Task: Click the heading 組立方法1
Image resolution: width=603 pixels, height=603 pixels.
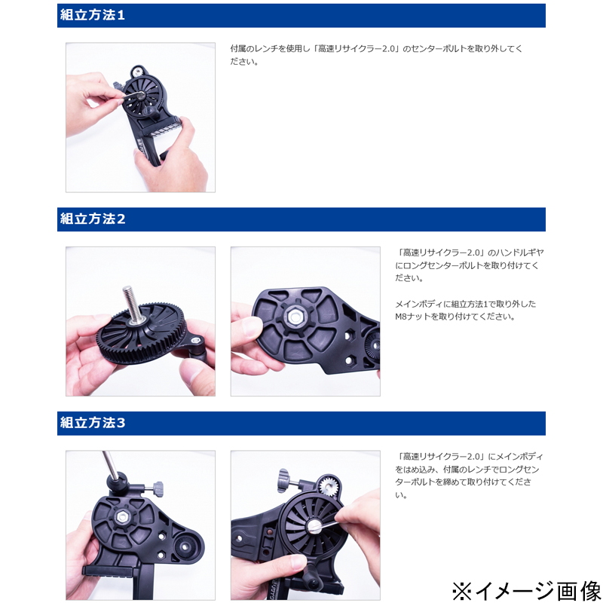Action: click(x=92, y=15)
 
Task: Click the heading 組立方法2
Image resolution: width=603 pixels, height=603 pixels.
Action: click(x=93, y=219)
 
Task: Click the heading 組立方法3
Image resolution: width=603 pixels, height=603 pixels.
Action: click(x=93, y=423)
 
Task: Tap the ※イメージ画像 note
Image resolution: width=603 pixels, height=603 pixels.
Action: click(x=525, y=591)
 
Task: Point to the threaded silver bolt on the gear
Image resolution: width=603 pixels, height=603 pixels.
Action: click(x=130, y=304)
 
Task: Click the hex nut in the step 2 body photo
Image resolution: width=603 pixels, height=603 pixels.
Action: click(x=294, y=317)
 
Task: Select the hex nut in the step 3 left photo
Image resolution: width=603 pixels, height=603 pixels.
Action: click(x=122, y=516)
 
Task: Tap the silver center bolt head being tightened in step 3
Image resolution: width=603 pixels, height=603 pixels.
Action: click(x=314, y=526)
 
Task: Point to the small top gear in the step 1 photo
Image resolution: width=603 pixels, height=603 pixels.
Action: click(x=137, y=72)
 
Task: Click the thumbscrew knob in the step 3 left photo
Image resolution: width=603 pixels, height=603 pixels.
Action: click(x=158, y=488)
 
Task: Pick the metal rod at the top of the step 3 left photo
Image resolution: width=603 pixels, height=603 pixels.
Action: click(x=109, y=464)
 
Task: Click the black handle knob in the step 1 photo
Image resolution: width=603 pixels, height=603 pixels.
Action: click(x=149, y=112)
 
